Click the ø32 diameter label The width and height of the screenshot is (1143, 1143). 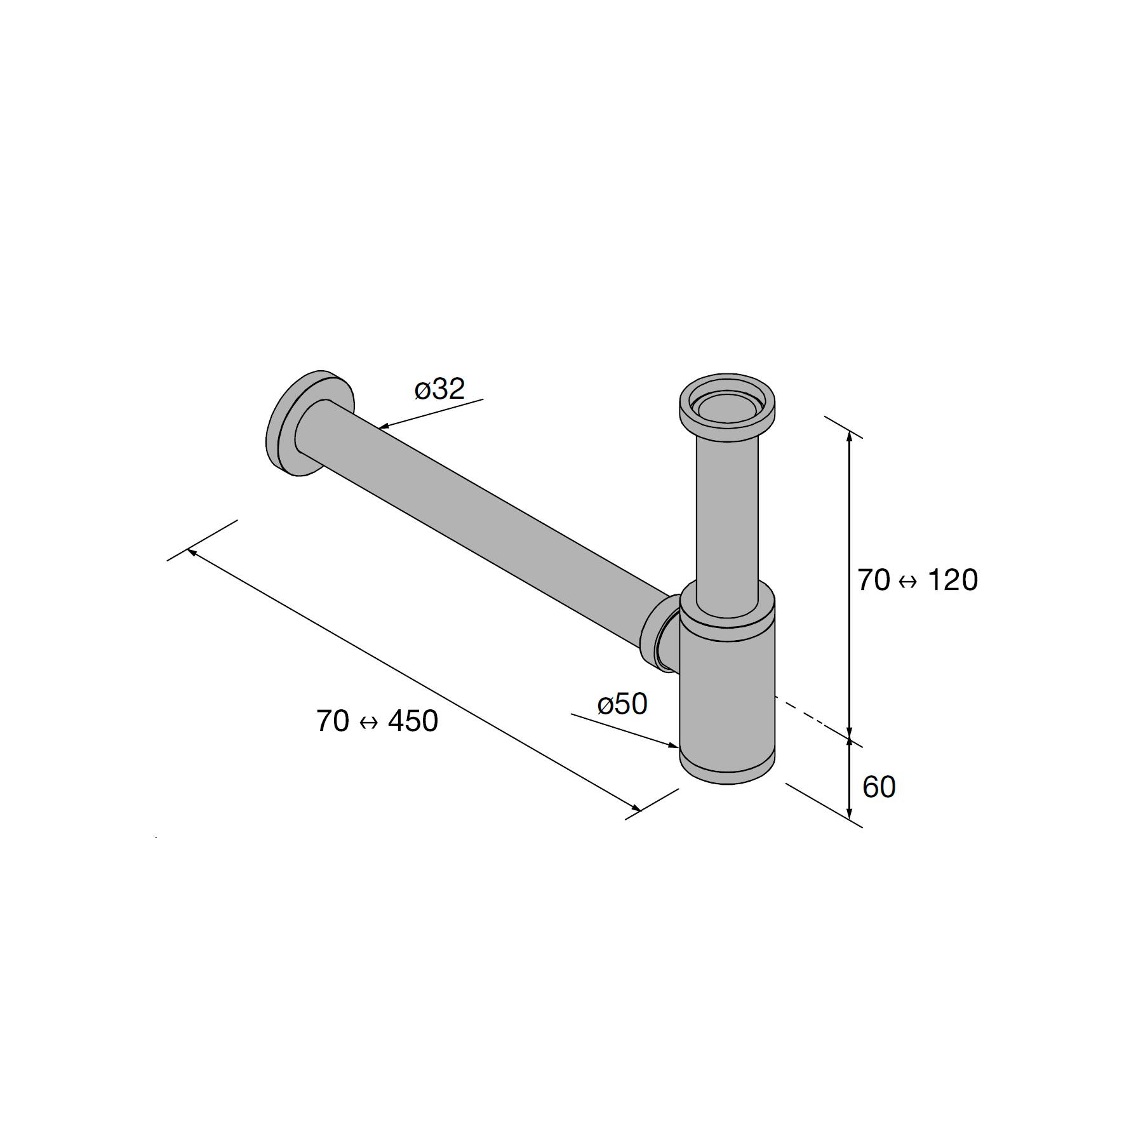[x=439, y=389]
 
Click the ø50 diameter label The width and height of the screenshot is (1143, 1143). [x=622, y=704]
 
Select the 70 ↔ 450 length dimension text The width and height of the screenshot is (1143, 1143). [x=377, y=721]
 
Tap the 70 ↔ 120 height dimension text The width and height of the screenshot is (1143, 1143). [x=918, y=580]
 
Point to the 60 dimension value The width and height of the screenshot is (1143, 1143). [x=879, y=787]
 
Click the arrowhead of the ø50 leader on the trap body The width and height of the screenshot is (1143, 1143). [x=674, y=745]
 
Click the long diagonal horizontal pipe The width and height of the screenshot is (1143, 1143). [x=483, y=521]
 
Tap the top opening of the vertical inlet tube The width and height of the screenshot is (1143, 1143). [x=727, y=406]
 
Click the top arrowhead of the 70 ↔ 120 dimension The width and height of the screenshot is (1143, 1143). [x=850, y=434]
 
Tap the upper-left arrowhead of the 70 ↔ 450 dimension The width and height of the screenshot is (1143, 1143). [x=192, y=552]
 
